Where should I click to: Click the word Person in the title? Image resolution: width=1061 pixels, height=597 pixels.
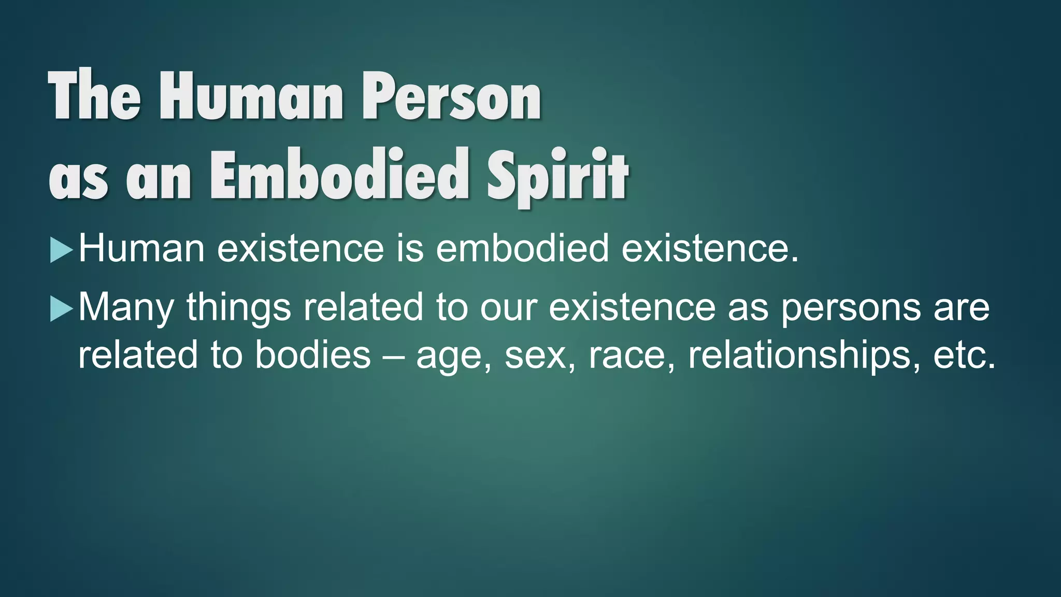[451, 96]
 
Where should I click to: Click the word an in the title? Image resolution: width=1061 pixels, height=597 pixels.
[159, 178]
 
